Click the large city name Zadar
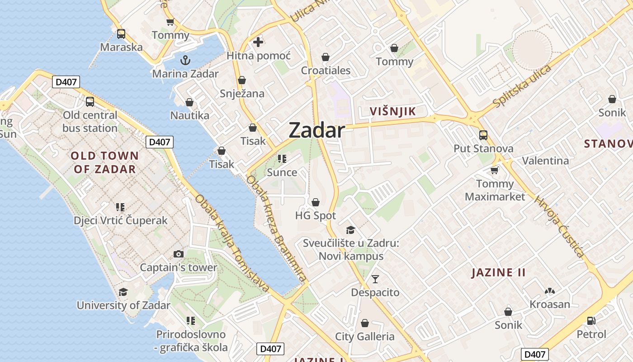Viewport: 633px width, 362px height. (x=316, y=130)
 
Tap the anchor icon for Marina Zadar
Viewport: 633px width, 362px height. (x=185, y=60)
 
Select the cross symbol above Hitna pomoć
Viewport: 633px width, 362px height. (x=258, y=42)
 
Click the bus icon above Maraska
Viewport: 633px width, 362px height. (x=121, y=33)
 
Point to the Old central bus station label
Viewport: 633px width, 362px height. (x=90, y=122)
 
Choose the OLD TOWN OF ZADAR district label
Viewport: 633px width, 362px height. (x=105, y=162)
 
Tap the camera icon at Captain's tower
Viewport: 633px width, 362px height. (x=179, y=254)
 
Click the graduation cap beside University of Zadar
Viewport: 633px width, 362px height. (x=123, y=292)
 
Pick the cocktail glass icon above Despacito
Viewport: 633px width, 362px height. (x=375, y=279)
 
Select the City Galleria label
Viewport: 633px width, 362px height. (x=365, y=337)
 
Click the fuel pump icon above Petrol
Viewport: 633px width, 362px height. (x=591, y=321)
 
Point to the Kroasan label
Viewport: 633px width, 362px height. (x=550, y=304)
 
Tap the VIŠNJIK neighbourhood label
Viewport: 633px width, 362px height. (x=392, y=111)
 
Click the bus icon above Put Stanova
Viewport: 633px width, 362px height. (x=483, y=135)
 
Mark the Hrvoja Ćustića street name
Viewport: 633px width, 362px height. (x=559, y=227)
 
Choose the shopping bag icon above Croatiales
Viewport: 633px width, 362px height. (x=326, y=57)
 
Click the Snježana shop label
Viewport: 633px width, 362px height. (x=242, y=94)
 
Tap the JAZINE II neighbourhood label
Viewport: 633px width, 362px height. (x=499, y=272)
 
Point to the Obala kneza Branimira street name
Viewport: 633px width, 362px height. (x=276, y=229)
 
